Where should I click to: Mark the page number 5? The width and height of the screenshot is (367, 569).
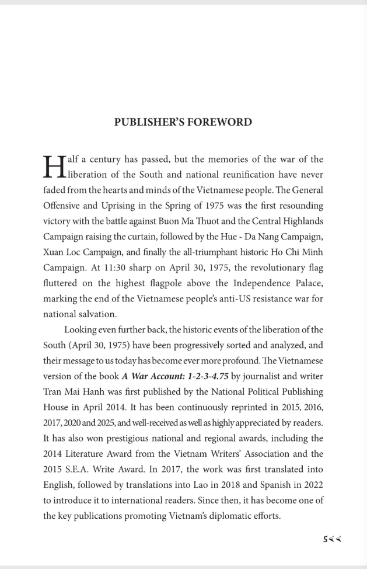(x=325, y=539)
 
